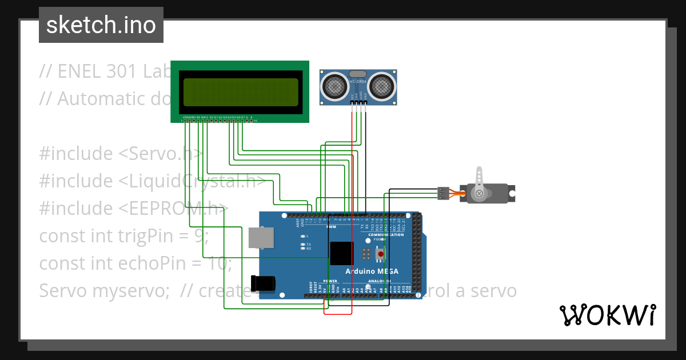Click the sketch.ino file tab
[101, 25]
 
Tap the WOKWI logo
[607, 315]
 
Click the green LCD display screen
[240, 92]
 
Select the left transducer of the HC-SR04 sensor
[333, 86]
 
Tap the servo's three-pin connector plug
[443, 193]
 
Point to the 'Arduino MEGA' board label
[372, 271]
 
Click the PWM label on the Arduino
[331, 227]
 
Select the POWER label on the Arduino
[330, 281]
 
